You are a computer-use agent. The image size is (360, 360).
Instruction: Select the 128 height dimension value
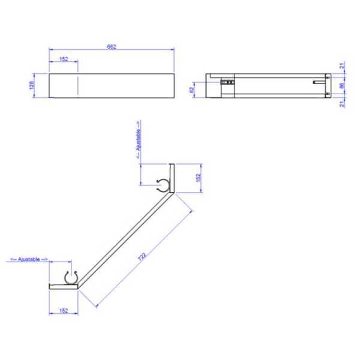tap(32, 85)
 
